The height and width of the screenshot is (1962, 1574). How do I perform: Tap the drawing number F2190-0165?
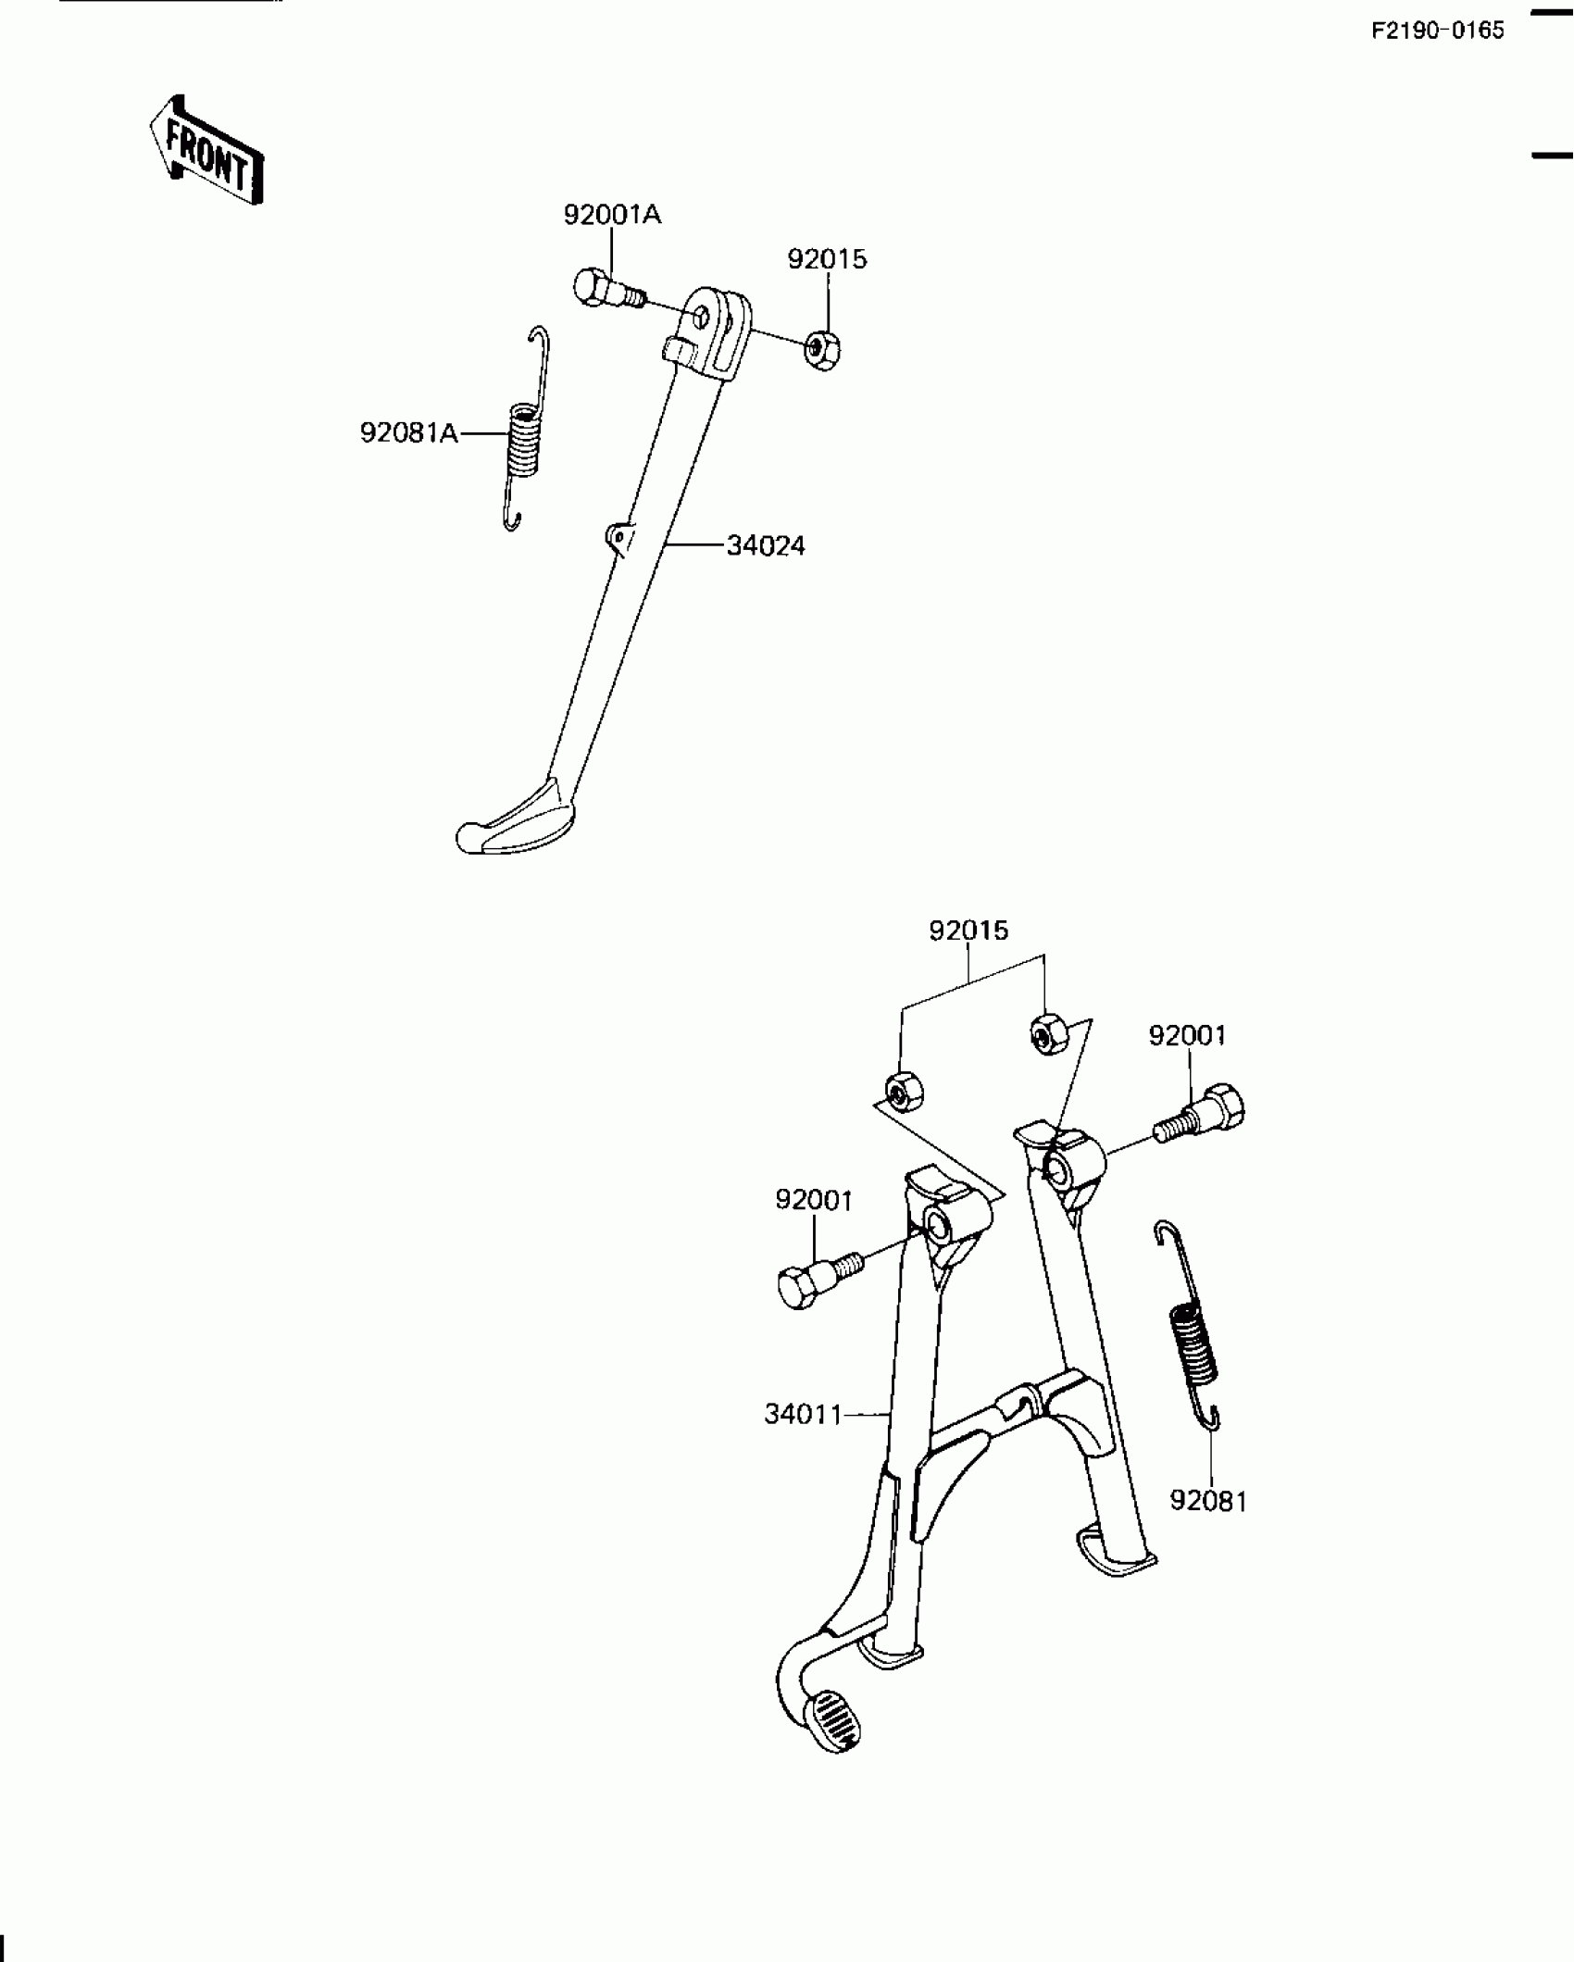pyautogui.click(x=1438, y=31)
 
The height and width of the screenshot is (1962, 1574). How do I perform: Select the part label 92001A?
pyautogui.click(x=612, y=215)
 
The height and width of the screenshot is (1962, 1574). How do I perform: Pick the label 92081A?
pyautogui.click(x=409, y=432)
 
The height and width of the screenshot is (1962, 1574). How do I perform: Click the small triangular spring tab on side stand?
pyautogui.click(x=618, y=535)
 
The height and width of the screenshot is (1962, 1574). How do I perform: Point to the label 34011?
pyautogui.click(x=803, y=1415)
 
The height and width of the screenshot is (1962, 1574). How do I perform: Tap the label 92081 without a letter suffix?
pyautogui.click(x=1208, y=1501)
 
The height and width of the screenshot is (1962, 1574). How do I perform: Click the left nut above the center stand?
pyautogui.click(x=901, y=1090)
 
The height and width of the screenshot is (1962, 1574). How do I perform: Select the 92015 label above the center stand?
pyautogui.click(x=968, y=931)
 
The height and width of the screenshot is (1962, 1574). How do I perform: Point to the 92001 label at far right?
pyautogui.click(x=1187, y=1035)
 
